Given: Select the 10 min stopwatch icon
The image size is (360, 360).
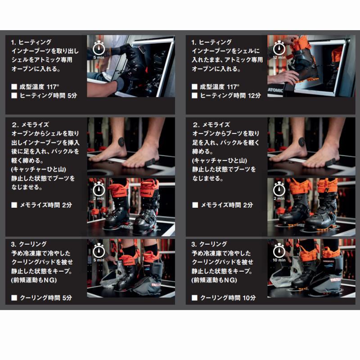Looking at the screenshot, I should pyautogui.click(x=279, y=250).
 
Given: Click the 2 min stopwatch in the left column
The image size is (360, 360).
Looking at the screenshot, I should pyautogui.click(x=99, y=189).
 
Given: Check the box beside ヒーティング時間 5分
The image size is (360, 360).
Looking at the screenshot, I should pyautogui.click(x=14, y=95).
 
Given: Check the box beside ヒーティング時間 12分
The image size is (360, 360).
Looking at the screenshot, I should pyautogui.click(x=194, y=95).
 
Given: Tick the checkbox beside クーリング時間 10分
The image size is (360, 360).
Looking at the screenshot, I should pyautogui.click(x=194, y=297).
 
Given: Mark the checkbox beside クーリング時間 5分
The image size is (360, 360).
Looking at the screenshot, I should pyautogui.click(x=14, y=297).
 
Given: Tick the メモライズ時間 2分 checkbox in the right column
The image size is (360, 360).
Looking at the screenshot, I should pyautogui.click(x=194, y=205).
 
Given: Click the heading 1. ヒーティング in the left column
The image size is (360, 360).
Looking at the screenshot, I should pyautogui.click(x=31, y=42).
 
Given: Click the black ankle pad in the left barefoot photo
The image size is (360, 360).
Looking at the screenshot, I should pyautogui.click(x=121, y=141).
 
